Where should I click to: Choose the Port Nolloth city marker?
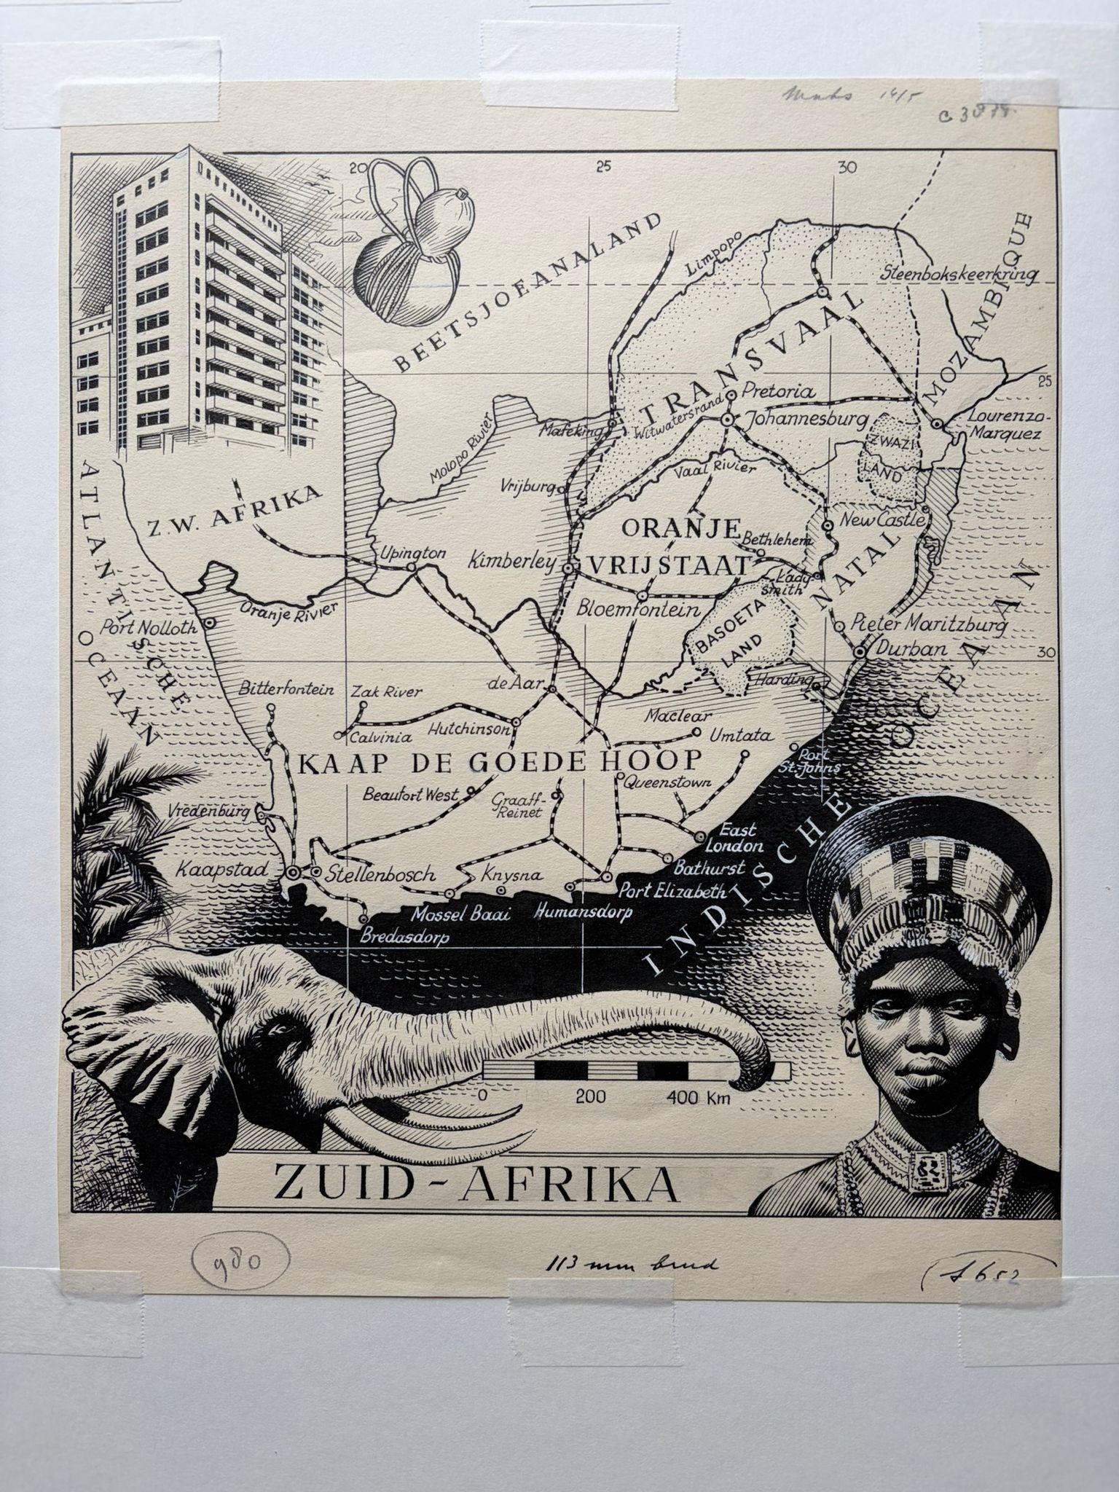208,623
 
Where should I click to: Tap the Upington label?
412,553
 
